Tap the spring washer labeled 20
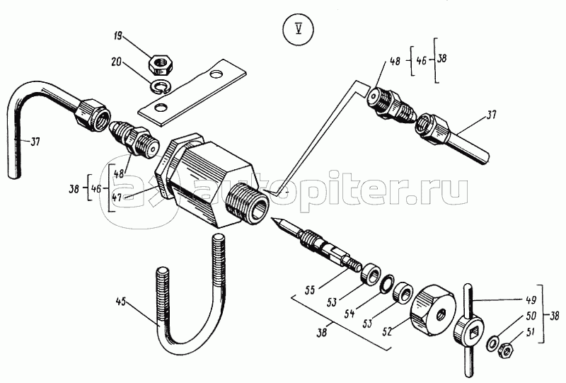(161, 86)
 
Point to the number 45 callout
(122, 303)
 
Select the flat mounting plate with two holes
(192, 90)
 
